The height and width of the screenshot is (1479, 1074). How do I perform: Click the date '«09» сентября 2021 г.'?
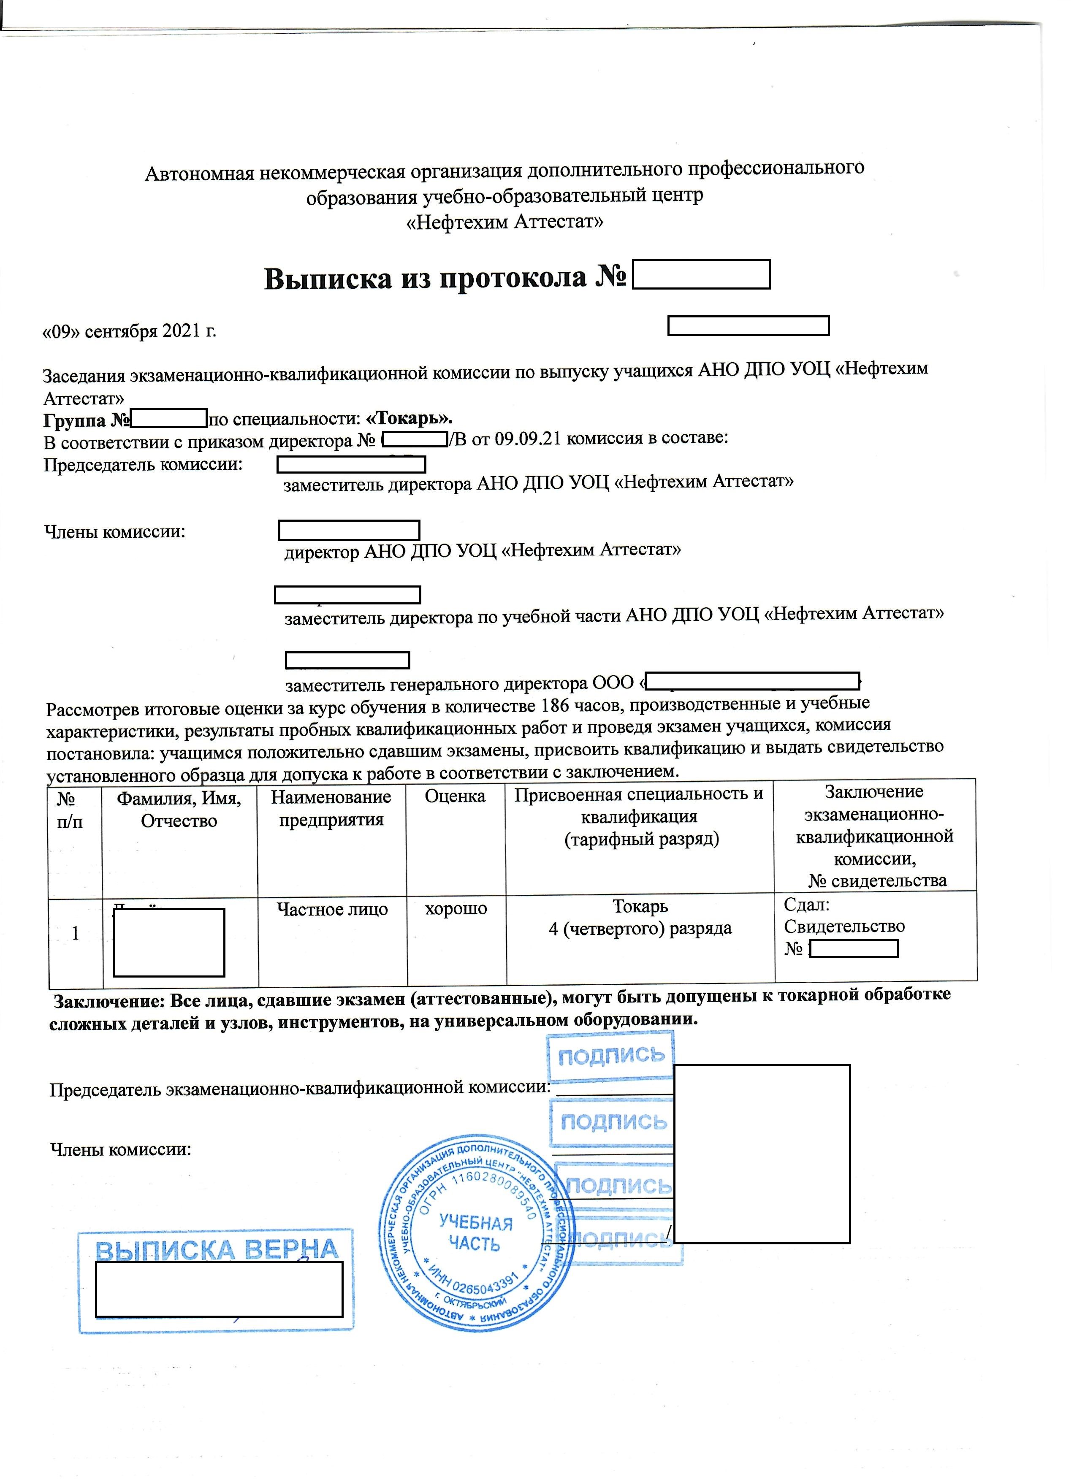click(129, 331)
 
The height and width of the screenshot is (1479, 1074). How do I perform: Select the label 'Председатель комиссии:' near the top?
click(143, 465)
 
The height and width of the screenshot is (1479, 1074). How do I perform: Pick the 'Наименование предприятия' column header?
click(331, 808)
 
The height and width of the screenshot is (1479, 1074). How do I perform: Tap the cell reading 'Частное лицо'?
click(332, 909)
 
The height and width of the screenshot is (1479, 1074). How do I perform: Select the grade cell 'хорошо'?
click(456, 908)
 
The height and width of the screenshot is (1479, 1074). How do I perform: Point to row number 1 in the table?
click(76, 934)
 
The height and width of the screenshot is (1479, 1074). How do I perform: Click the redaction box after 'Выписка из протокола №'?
click(701, 274)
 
